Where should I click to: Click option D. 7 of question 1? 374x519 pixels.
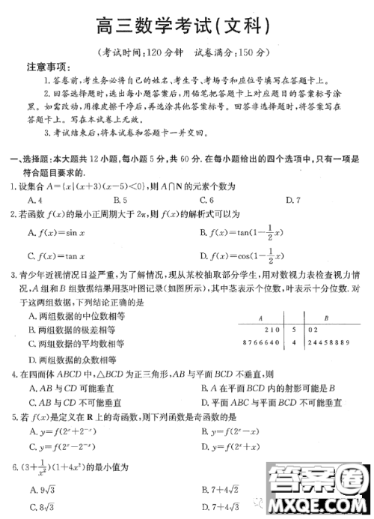point(292,200)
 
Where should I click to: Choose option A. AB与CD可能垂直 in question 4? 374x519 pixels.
point(70,389)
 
